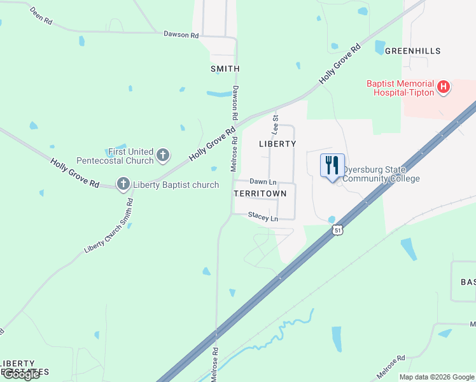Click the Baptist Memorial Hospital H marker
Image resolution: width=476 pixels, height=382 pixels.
pyautogui.click(x=444, y=88)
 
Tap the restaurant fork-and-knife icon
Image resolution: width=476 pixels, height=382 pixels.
pyautogui.click(x=332, y=166)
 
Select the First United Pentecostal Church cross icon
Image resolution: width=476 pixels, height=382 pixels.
pyautogui.click(x=163, y=155)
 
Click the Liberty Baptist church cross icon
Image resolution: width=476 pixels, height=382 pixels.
pyautogui.click(x=123, y=185)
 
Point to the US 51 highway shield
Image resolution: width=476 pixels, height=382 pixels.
pyautogui.click(x=337, y=229)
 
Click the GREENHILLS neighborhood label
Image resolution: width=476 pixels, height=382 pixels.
pyautogui.click(x=412, y=50)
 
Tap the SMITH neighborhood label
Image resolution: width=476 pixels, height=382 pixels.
pyautogui.click(x=225, y=69)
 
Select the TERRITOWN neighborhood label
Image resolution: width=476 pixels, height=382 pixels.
pyautogui.click(x=264, y=193)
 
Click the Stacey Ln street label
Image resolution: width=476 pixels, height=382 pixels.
pyautogui.click(x=263, y=218)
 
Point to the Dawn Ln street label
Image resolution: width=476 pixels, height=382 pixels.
pyautogui.click(x=262, y=181)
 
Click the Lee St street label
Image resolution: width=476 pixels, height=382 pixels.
pyautogui.click(x=276, y=124)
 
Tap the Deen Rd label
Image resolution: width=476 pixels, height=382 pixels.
pyautogui.click(x=41, y=17)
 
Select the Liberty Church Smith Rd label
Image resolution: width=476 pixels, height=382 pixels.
pyautogui.click(x=109, y=227)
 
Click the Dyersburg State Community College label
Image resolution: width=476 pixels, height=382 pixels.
pyautogui.click(x=381, y=174)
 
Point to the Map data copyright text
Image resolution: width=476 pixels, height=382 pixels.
pyautogui.click(x=437, y=377)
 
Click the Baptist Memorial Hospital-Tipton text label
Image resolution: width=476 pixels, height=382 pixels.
pyautogui.click(x=400, y=88)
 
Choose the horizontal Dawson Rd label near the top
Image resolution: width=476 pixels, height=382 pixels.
pyautogui.click(x=181, y=34)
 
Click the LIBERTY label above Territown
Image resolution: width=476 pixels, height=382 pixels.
pyautogui.click(x=277, y=144)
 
